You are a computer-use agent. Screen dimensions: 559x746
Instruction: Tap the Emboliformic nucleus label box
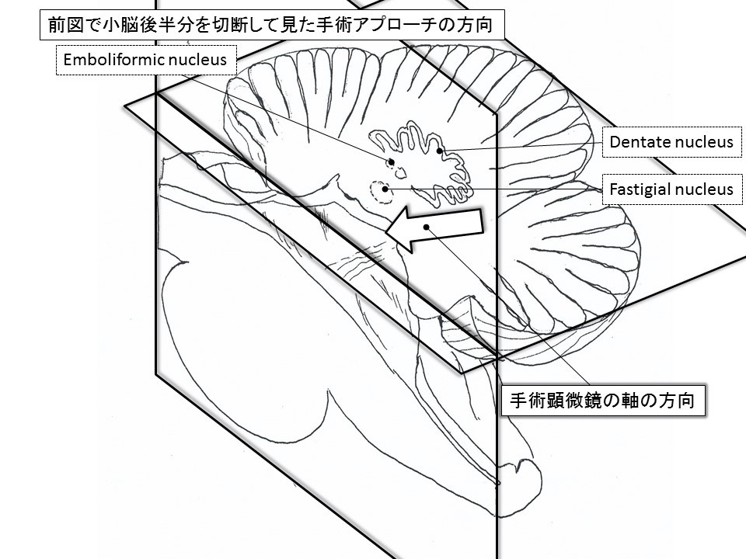[x=145, y=60]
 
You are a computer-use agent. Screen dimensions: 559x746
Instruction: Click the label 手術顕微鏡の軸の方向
[x=601, y=401]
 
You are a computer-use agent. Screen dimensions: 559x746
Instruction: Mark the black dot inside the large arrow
[x=427, y=226]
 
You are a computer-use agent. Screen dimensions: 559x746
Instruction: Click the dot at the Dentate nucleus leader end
[x=440, y=151]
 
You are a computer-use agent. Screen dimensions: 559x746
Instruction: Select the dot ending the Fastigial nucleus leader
[x=393, y=188]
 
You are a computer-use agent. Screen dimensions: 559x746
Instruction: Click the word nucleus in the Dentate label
[x=705, y=142]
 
